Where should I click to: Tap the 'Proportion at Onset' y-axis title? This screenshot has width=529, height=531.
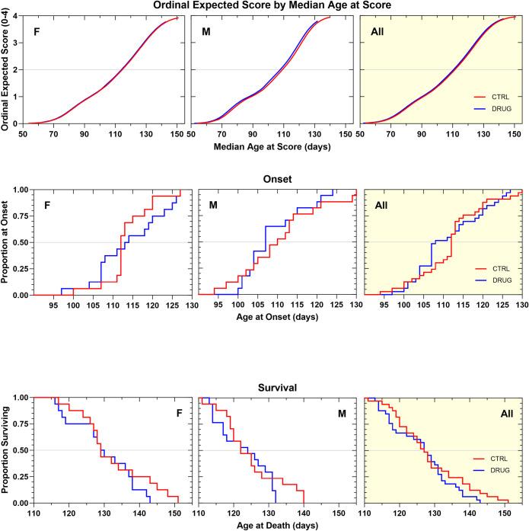(6, 242)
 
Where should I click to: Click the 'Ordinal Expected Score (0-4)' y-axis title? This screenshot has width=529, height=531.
(6, 69)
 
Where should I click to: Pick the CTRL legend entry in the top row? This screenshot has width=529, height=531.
(496, 98)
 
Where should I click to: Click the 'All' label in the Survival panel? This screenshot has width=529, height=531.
(502, 414)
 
